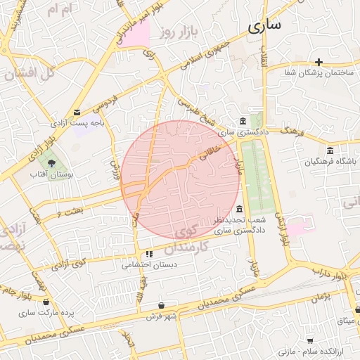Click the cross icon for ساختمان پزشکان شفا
coord(319,62)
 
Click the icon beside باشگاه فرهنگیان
coord(330,150)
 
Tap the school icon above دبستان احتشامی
coord(148,254)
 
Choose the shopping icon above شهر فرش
coord(162,305)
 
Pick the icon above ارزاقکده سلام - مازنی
coord(309,339)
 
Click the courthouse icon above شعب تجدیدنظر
coord(240,209)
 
